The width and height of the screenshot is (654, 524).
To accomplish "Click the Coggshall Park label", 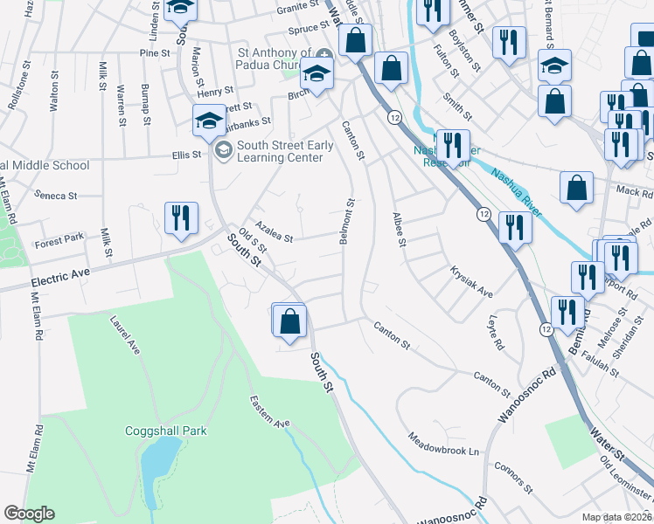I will pos(164,431).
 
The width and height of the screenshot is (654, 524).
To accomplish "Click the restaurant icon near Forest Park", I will pos(181,218).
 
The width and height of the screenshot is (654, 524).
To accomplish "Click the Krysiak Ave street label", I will pos(472,282).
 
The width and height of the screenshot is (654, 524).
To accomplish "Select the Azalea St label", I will pos(274,231).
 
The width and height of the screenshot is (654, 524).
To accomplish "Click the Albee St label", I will pos(399,229).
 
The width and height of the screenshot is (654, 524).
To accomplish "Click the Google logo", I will pos(29,514).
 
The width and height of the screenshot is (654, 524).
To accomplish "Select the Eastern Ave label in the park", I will pos(269,412).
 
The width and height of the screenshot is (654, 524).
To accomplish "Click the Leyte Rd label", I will pos(497,333).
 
